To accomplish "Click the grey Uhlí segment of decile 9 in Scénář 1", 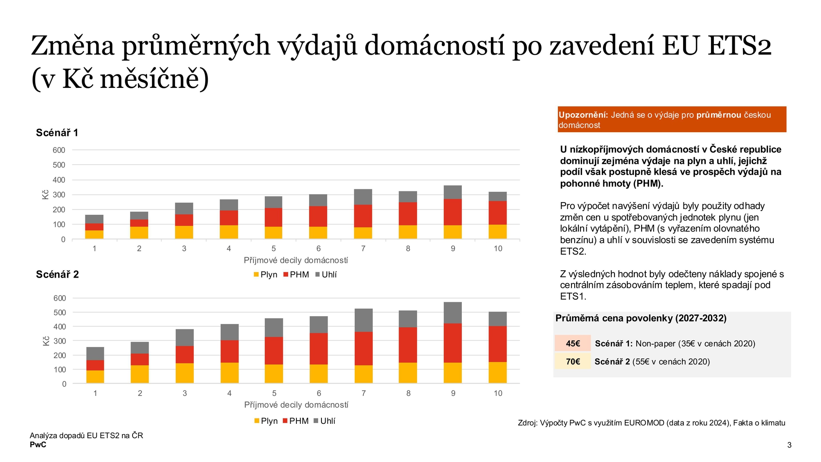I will click(452, 192).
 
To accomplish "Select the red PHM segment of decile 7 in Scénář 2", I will click(363, 348).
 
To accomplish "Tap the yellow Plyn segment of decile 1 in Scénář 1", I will click(94, 234).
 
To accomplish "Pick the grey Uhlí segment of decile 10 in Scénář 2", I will click(498, 319).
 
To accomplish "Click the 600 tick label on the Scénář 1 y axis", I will click(59, 150).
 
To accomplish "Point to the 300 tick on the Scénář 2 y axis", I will click(60, 341).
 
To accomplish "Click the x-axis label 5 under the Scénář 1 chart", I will click(273, 248).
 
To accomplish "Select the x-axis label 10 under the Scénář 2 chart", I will click(498, 393).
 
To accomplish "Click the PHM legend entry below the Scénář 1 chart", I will click(296, 274).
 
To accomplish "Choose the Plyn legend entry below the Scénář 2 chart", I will click(266, 421).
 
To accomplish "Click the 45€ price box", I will click(573, 343).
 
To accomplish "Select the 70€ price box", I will click(573, 361).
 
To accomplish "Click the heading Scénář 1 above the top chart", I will click(57, 133).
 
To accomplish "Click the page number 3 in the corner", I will click(789, 445).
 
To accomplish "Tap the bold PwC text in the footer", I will click(38, 445).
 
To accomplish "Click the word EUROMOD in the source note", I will click(644, 423).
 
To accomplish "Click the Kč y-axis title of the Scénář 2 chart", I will click(46, 341).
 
